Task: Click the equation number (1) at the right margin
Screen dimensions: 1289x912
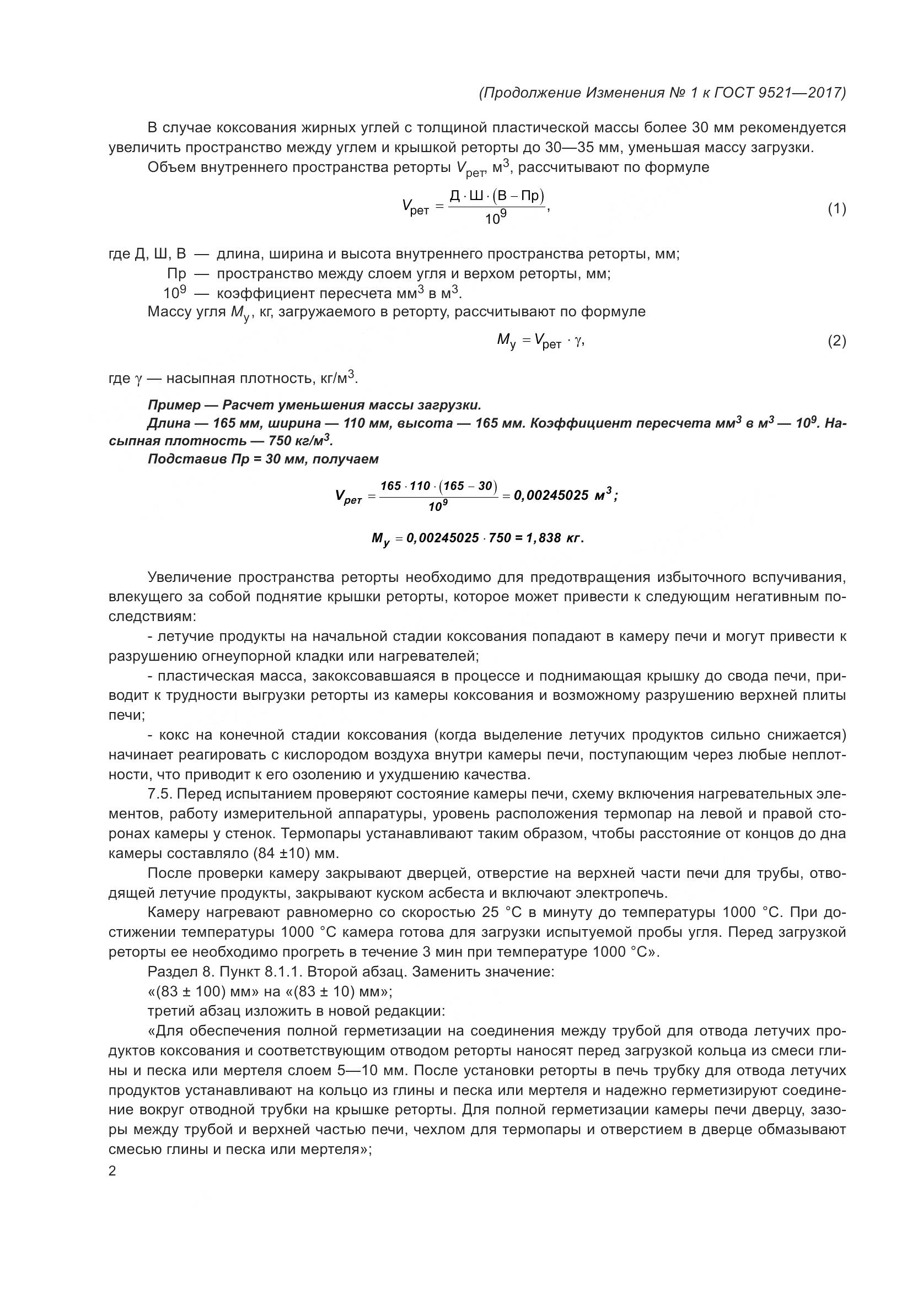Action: tap(836, 209)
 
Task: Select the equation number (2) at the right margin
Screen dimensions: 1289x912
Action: tap(836, 341)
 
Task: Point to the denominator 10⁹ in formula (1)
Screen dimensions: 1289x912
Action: tap(496, 219)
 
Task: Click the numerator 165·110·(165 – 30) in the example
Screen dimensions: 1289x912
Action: tap(438, 486)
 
